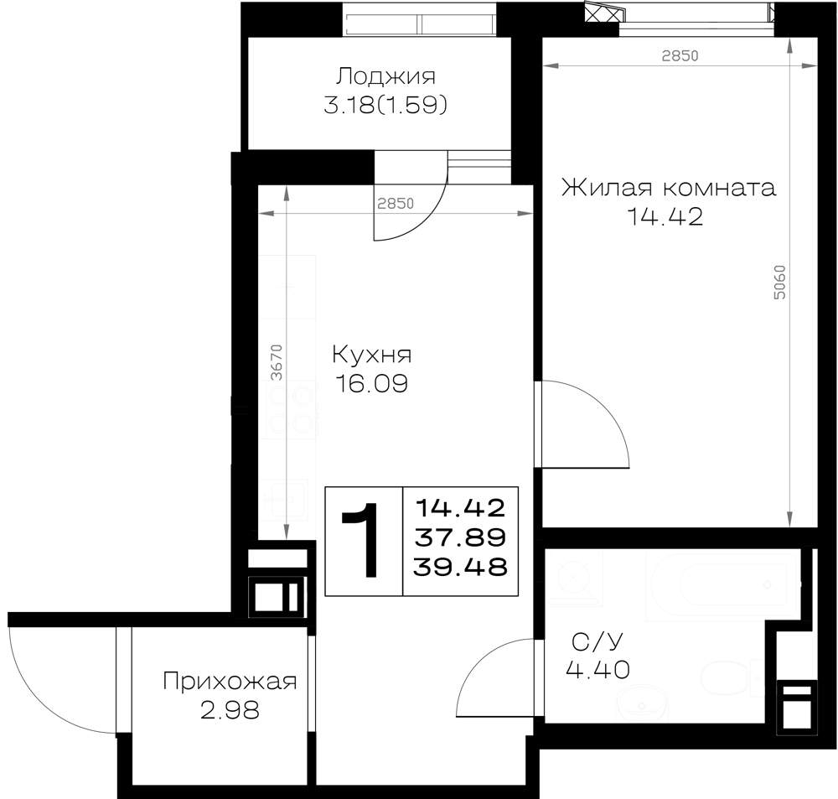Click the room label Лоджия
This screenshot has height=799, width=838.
(x=385, y=77)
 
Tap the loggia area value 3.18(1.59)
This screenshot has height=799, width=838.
(x=385, y=106)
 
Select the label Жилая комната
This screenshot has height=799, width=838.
(x=668, y=188)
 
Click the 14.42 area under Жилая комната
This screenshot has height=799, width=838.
(x=665, y=216)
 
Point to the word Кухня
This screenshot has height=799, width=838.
(x=372, y=355)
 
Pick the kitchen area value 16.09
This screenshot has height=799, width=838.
(x=371, y=383)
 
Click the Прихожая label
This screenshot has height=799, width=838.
(x=230, y=682)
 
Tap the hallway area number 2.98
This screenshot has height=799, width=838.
(x=230, y=710)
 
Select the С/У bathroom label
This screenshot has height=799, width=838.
(x=597, y=641)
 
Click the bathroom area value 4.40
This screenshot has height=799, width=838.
(x=597, y=670)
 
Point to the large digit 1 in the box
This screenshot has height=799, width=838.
(x=362, y=540)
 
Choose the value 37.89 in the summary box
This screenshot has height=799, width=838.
(x=460, y=537)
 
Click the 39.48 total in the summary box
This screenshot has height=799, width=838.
(x=460, y=567)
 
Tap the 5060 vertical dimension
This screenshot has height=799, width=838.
(x=780, y=282)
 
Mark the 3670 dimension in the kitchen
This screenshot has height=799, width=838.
(x=277, y=362)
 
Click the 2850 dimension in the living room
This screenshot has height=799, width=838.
(x=680, y=55)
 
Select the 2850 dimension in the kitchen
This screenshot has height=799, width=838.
(x=396, y=203)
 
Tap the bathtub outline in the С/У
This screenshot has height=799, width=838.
(x=722, y=585)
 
